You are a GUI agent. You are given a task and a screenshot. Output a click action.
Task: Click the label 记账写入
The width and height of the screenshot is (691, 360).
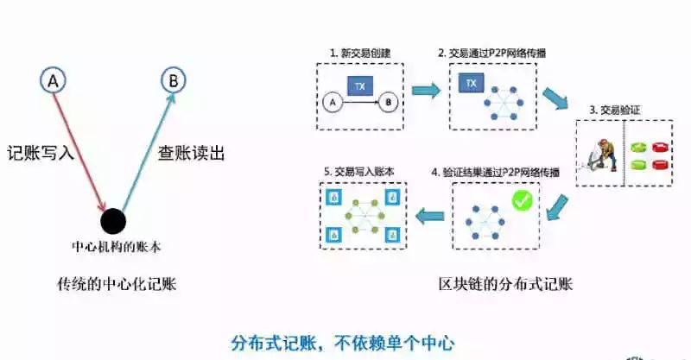click(40, 153)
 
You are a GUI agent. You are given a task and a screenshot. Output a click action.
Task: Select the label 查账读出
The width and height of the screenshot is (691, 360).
click(191, 153)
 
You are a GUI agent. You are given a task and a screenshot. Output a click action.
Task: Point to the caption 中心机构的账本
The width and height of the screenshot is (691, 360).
click(116, 246)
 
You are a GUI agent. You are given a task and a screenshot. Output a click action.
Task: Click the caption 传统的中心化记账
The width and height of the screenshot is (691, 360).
click(117, 282)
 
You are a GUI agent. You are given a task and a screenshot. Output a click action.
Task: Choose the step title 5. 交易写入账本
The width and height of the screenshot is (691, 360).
click(358, 171)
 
